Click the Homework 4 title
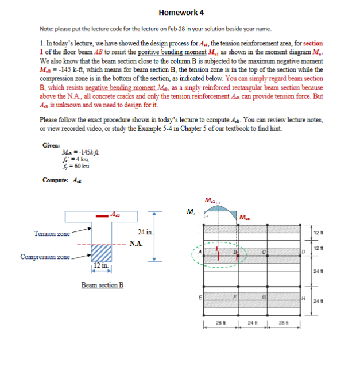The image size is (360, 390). [x=180, y=12]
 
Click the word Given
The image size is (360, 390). [x=51, y=145]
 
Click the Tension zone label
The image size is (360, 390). [x=52, y=234]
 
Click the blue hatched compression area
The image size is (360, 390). [x=101, y=252]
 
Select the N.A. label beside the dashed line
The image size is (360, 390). [x=136, y=243]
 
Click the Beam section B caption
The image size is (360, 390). [x=102, y=285]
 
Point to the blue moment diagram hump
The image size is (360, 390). [x=217, y=213]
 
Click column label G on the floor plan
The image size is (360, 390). [x=264, y=297]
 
